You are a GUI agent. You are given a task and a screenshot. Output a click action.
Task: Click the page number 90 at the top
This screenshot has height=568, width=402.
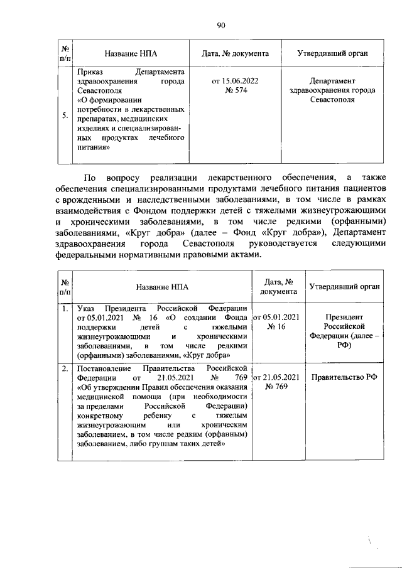(220, 25)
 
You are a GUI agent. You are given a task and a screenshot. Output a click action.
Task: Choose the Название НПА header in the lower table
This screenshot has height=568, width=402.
(161, 287)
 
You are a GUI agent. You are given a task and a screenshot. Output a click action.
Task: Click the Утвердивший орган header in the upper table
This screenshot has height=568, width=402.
(332, 54)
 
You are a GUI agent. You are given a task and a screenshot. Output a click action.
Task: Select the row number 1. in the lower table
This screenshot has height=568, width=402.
(65, 308)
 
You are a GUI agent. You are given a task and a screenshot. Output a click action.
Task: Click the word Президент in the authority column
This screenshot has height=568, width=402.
(344, 317)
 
